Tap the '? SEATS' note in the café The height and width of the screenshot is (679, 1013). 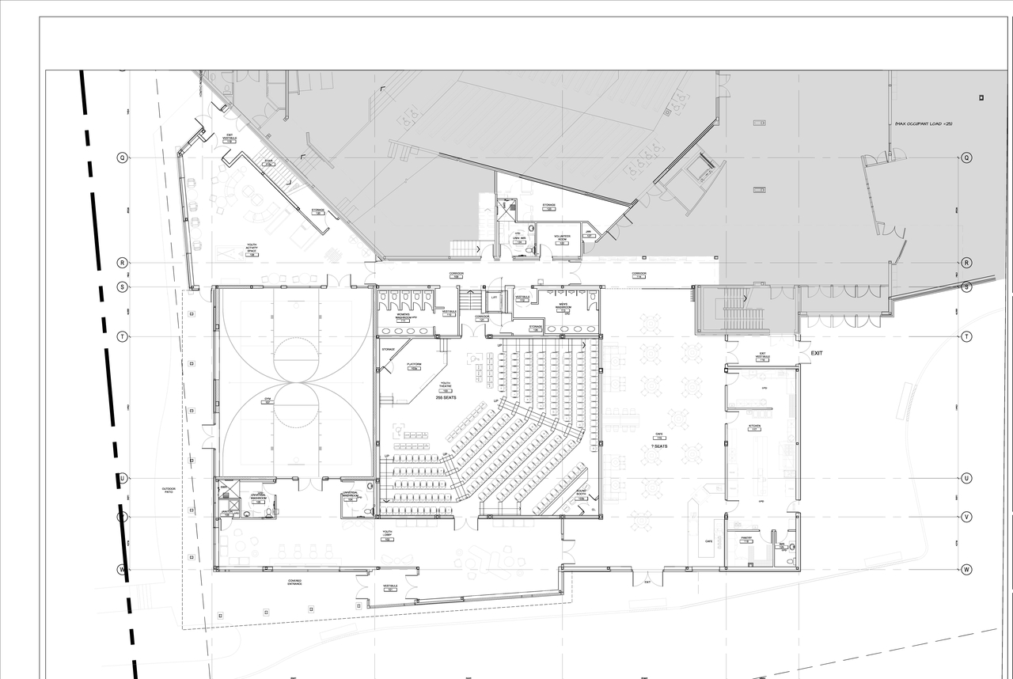point(659,446)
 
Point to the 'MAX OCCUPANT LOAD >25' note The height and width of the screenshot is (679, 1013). point(923,124)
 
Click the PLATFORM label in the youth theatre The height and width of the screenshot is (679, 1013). point(414,366)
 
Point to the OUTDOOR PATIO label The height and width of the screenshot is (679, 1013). point(168,491)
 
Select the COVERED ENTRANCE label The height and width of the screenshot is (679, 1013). point(295,582)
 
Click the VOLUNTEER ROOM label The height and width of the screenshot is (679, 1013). point(563,238)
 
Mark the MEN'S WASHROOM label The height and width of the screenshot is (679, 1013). point(563,305)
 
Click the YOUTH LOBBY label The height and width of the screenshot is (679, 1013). point(388,534)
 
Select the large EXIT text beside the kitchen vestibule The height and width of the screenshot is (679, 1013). point(817,353)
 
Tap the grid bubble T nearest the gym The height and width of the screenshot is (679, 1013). point(123,336)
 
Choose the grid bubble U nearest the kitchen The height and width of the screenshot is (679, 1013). point(966,478)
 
